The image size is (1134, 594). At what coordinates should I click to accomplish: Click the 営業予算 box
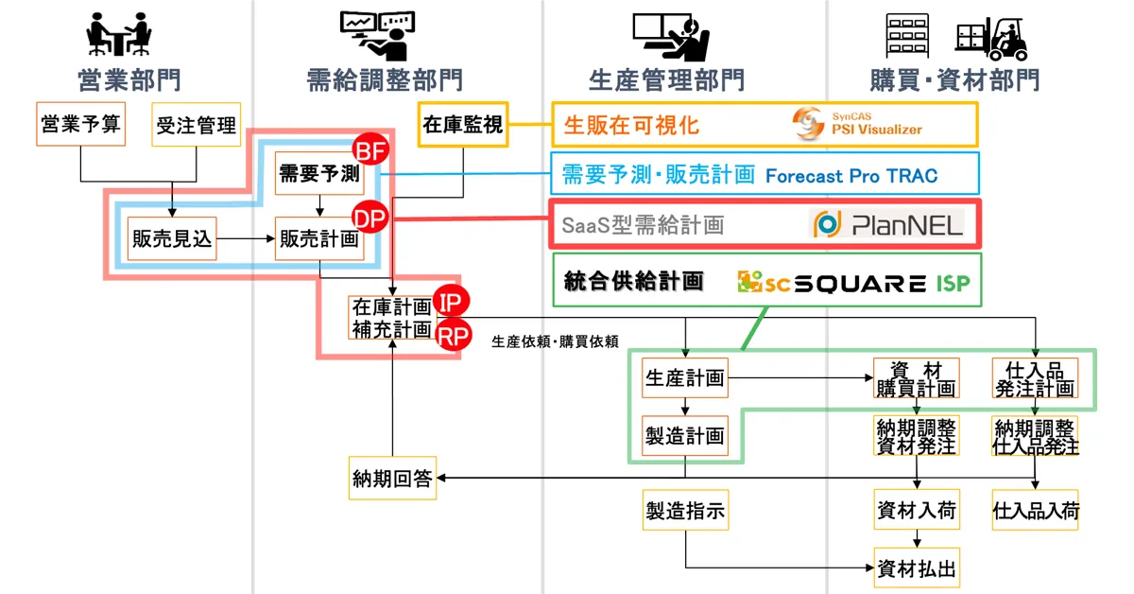tap(80, 124)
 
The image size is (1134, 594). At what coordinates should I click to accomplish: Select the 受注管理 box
tap(196, 125)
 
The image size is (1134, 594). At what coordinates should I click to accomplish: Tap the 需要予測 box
tap(318, 173)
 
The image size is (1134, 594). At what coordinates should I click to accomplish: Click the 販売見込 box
tap(171, 241)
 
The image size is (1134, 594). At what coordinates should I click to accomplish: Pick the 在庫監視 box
tap(463, 125)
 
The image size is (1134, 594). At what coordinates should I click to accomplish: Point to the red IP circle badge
tap(451, 304)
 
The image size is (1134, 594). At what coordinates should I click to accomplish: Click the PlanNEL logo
tap(888, 224)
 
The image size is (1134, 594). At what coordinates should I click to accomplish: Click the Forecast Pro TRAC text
tap(851, 175)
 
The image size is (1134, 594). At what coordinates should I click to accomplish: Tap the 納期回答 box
tap(391, 479)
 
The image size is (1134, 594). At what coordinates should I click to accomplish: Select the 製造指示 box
tap(685, 512)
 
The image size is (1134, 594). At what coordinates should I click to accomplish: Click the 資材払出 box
tap(916, 568)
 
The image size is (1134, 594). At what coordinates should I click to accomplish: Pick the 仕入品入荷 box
tap(1036, 512)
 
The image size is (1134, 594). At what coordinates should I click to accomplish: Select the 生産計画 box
tap(685, 378)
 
